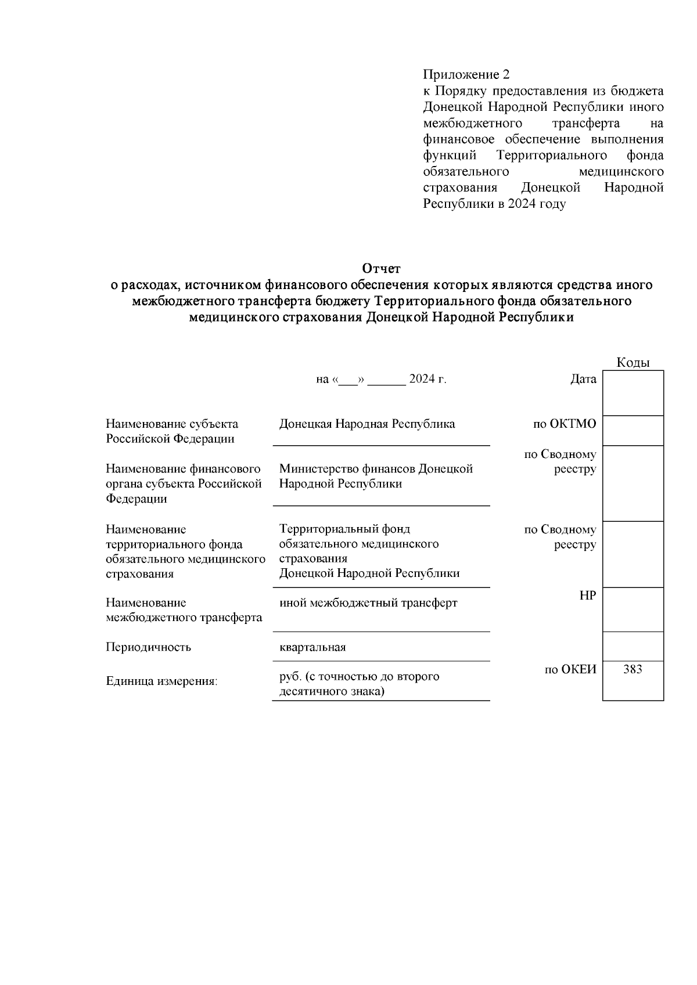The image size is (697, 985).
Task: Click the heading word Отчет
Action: pos(381,269)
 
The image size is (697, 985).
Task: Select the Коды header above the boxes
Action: pos(633,363)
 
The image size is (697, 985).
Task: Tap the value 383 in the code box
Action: pos(633,669)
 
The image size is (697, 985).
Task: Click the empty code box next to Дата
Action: pos(633,393)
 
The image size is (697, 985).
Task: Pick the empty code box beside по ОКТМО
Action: pos(633,431)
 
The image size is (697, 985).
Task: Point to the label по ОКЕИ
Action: pos(570,669)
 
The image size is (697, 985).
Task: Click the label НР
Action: pos(588,596)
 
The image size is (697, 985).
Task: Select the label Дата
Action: pos(583,379)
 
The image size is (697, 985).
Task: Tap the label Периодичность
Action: pos(148,647)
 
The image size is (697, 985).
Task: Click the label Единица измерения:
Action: pos(161,681)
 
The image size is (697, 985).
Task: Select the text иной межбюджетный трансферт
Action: pos(368,603)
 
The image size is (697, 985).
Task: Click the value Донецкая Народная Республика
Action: pos(367,424)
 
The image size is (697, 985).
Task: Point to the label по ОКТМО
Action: pos(564,424)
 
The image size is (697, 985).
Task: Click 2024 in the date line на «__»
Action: pos(422,379)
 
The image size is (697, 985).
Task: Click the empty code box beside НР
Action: pos(633,609)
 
